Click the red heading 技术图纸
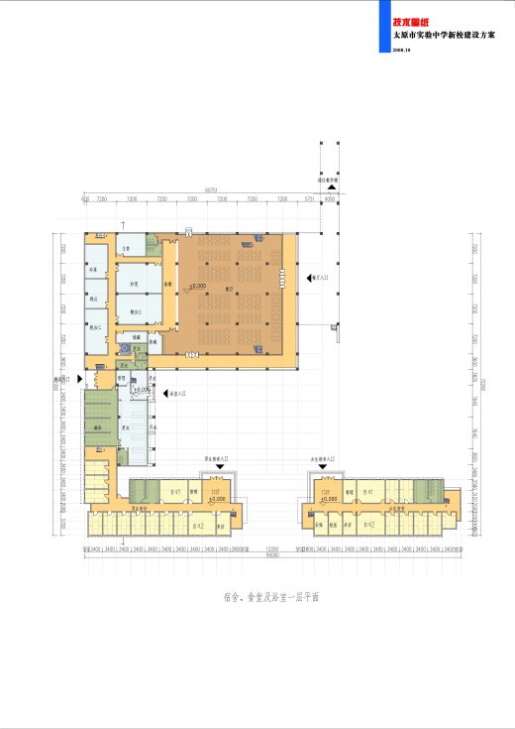tap(409, 20)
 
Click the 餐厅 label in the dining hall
tap(231, 291)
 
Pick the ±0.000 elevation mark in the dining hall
tap(197, 286)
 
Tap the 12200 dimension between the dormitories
tap(271, 547)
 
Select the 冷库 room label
tap(95, 269)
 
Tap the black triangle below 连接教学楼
tap(333, 187)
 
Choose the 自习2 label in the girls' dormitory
tap(368, 526)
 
